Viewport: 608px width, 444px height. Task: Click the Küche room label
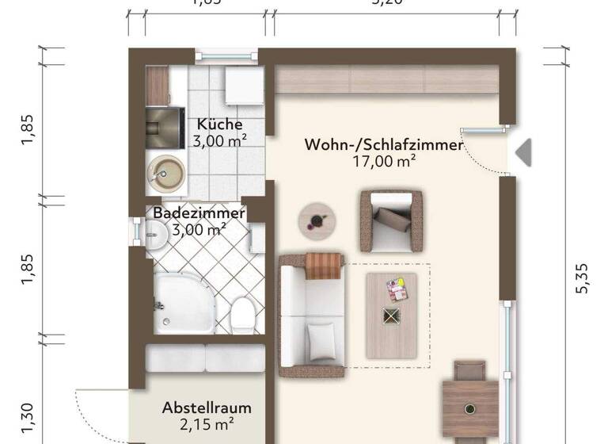coord(219,124)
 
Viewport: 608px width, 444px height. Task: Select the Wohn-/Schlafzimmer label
coord(384,144)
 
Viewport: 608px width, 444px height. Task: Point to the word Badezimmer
coord(199,213)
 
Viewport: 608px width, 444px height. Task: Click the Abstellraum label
coord(207,408)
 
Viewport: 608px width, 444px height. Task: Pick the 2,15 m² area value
coord(207,424)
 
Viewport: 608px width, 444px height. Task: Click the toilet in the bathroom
coord(241,315)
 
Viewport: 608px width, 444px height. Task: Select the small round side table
coord(317,220)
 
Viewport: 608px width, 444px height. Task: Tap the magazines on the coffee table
coord(396,289)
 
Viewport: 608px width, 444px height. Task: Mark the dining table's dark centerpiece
coord(470,408)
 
